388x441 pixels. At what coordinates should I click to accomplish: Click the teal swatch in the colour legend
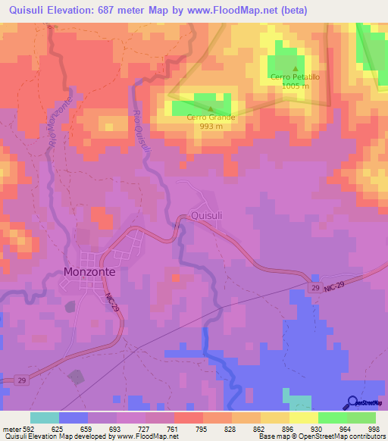click(x=45, y=418)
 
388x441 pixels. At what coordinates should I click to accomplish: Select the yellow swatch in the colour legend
click(x=303, y=418)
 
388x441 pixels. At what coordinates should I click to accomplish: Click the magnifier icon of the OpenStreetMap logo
click(x=351, y=402)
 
